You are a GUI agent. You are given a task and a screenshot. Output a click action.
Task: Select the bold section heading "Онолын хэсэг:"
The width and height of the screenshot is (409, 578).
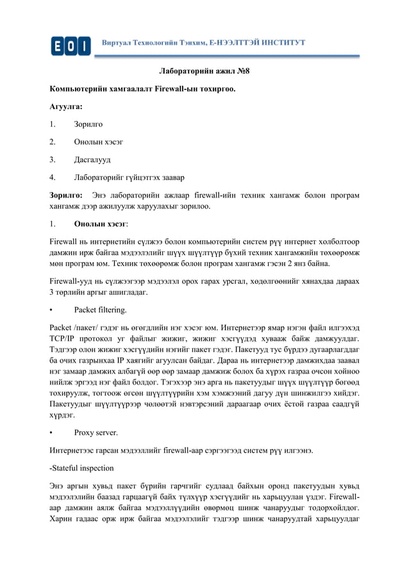(x=101, y=225)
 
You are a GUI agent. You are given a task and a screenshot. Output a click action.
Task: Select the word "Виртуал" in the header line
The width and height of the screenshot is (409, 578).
(x=119, y=42)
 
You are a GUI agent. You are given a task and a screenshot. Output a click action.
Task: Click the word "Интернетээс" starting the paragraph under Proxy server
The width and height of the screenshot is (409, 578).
(x=78, y=450)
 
